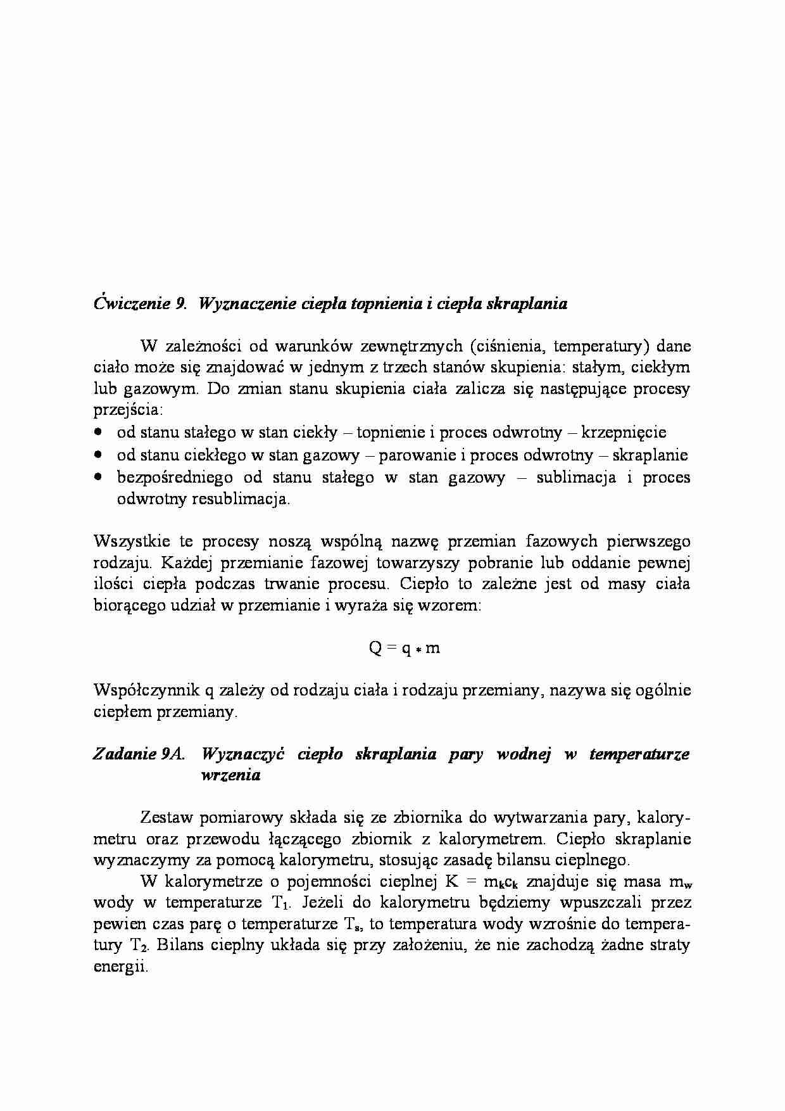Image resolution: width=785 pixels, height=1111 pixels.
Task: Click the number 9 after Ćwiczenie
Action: [179, 304]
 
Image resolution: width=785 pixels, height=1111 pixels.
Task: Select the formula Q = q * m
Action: [404, 648]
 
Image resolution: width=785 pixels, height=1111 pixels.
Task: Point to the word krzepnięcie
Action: [624, 433]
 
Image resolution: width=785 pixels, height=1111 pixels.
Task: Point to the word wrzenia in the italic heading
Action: [230, 775]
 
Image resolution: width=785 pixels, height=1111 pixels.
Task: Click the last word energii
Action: [120, 967]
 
